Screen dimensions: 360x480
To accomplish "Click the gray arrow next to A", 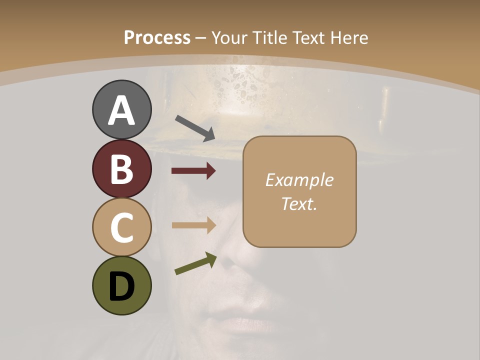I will tap(195, 127).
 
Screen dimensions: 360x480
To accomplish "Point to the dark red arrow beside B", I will tap(193, 171).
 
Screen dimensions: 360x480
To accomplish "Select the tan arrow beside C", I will tap(193, 225).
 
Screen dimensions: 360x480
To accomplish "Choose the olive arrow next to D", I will tap(195, 264).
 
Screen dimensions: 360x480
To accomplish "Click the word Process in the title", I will tap(157, 37).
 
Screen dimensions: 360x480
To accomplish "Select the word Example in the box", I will tap(299, 180).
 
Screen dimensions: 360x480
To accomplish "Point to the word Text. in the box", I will tap(299, 203).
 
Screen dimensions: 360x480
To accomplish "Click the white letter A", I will tap(121, 110).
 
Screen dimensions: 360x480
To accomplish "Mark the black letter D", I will tap(121, 286).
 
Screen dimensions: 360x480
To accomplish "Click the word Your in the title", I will tap(227, 37).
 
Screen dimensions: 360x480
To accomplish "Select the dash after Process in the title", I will tap(201, 38).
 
